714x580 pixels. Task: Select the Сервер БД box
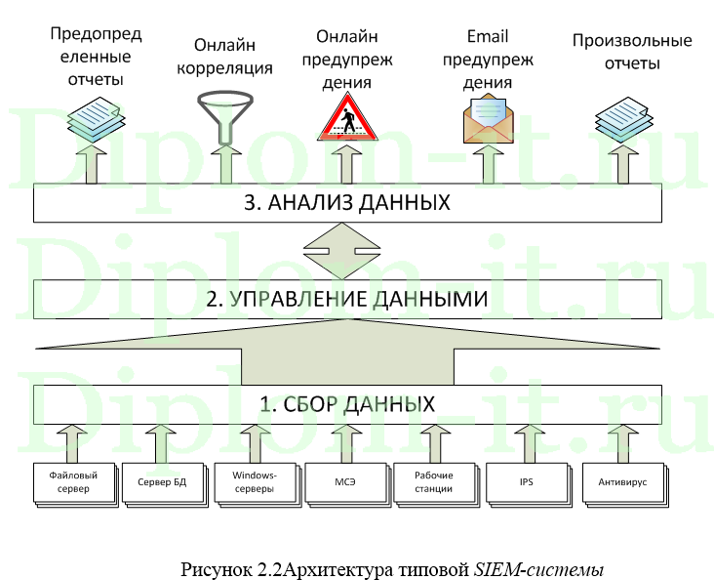pyautogui.click(x=160, y=482)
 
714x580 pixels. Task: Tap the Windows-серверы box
pyautogui.click(x=254, y=482)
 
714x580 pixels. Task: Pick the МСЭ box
pyautogui.click(x=345, y=482)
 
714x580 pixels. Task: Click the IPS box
pyautogui.click(x=527, y=482)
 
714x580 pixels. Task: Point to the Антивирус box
pyautogui.click(x=620, y=482)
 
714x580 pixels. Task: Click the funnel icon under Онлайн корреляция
pyautogui.click(x=223, y=115)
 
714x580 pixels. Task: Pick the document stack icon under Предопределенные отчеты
pyautogui.click(x=94, y=117)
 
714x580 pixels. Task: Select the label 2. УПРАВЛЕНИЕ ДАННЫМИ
pyautogui.click(x=346, y=299)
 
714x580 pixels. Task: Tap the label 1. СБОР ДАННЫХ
pyautogui.click(x=346, y=403)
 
